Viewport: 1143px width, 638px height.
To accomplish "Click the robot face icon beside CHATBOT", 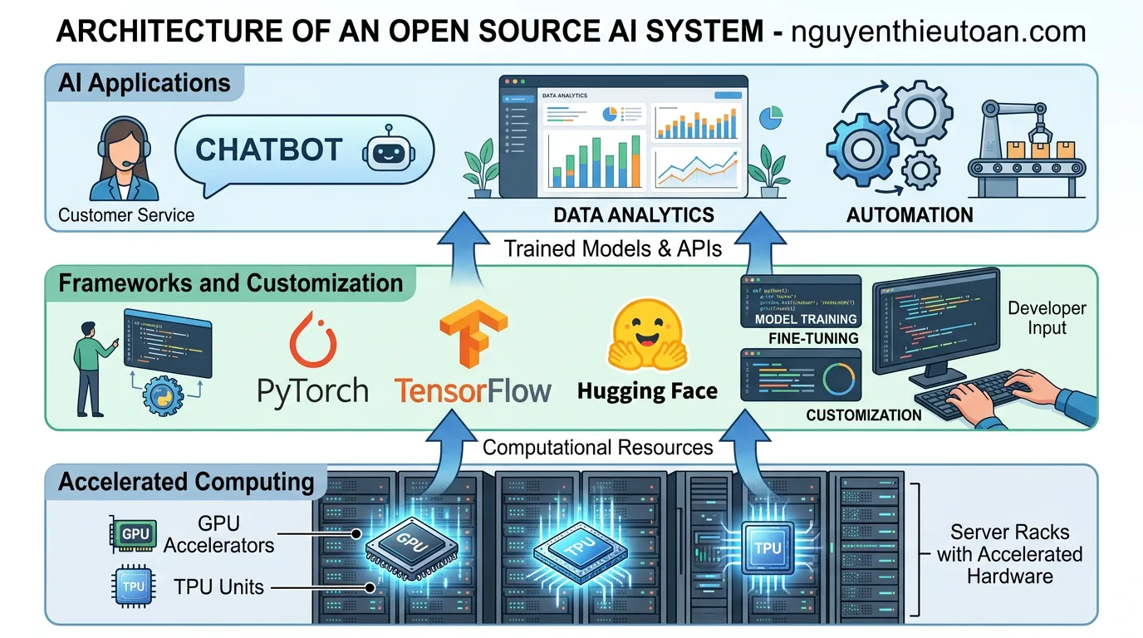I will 387,152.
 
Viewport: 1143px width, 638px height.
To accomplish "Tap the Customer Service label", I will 126,215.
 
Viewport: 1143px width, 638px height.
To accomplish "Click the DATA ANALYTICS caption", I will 634,215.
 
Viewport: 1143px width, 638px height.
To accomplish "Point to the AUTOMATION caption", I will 910,215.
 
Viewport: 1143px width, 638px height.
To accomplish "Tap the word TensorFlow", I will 473,390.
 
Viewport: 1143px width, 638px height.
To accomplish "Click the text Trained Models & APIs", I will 614,248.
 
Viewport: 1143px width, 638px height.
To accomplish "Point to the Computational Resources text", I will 597,448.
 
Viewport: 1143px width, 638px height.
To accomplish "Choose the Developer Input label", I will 1047,317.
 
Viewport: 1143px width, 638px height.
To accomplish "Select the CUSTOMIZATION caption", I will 864,415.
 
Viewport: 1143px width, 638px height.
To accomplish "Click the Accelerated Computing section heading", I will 186,482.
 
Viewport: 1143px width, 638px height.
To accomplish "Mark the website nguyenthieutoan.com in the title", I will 939,31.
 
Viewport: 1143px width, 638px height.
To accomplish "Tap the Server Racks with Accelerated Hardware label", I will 1009,553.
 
